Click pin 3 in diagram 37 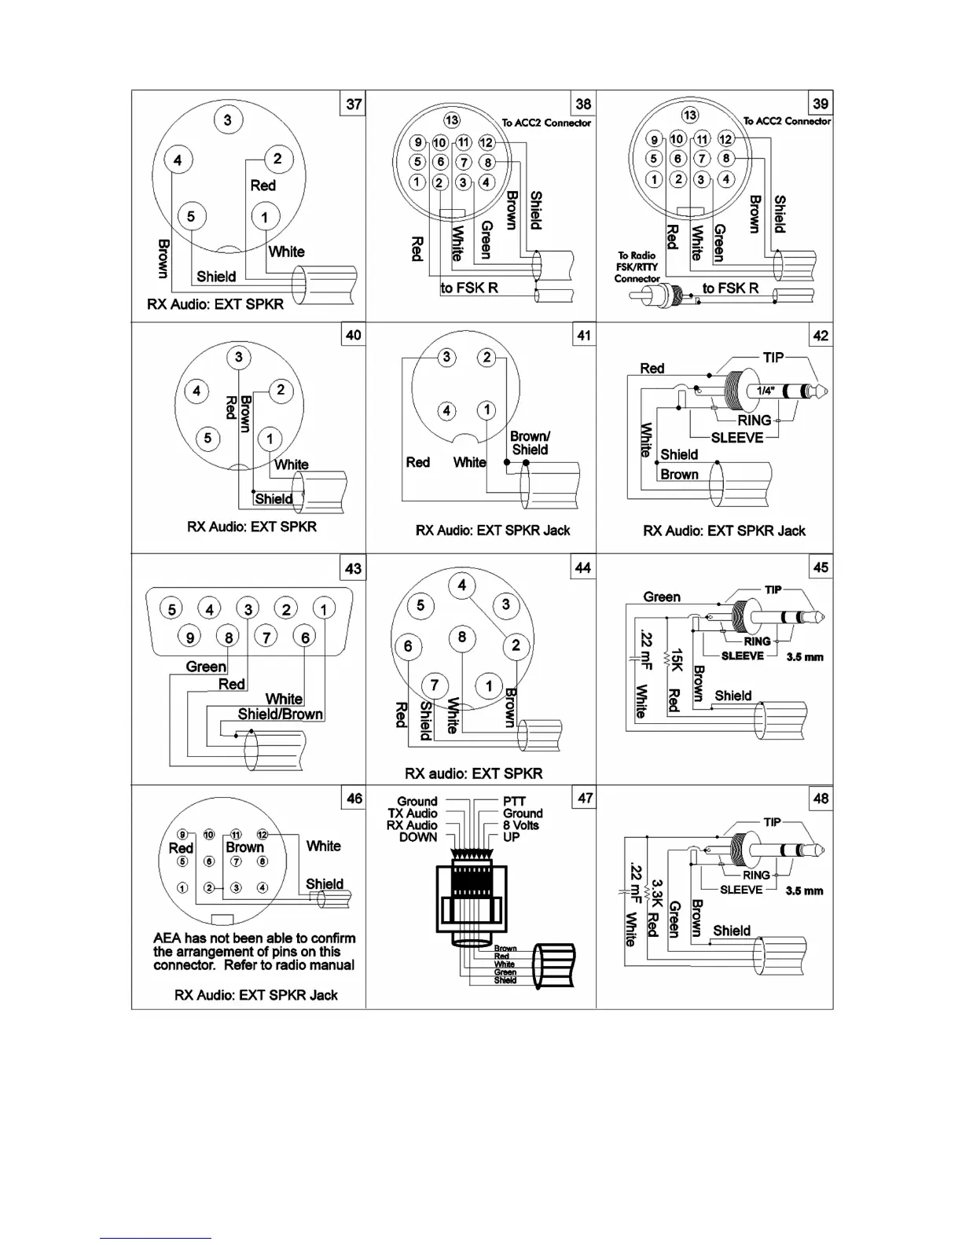(x=228, y=120)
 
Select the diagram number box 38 (x=583, y=104)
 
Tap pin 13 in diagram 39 (x=689, y=116)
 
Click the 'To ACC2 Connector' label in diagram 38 (x=546, y=123)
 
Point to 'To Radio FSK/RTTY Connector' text (x=637, y=266)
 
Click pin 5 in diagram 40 (x=207, y=438)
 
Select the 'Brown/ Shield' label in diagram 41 (x=530, y=443)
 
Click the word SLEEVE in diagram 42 (x=736, y=438)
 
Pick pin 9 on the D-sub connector (x=190, y=637)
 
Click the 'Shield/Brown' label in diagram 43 (x=280, y=714)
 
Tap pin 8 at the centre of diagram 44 (x=462, y=637)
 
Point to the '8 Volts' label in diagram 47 (x=521, y=825)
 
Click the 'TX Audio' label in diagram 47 (x=412, y=813)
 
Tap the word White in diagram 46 (x=323, y=846)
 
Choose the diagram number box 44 (x=582, y=567)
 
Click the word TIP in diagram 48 (x=772, y=822)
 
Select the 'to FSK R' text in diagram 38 (x=469, y=288)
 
